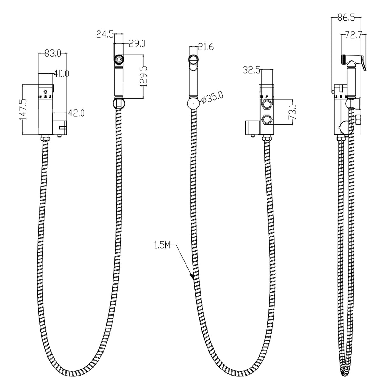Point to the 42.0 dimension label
[76, 113]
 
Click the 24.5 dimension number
[105, 34]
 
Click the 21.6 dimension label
[206, 47]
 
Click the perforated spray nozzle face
[119, 59]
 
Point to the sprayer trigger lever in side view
[363, 65]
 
